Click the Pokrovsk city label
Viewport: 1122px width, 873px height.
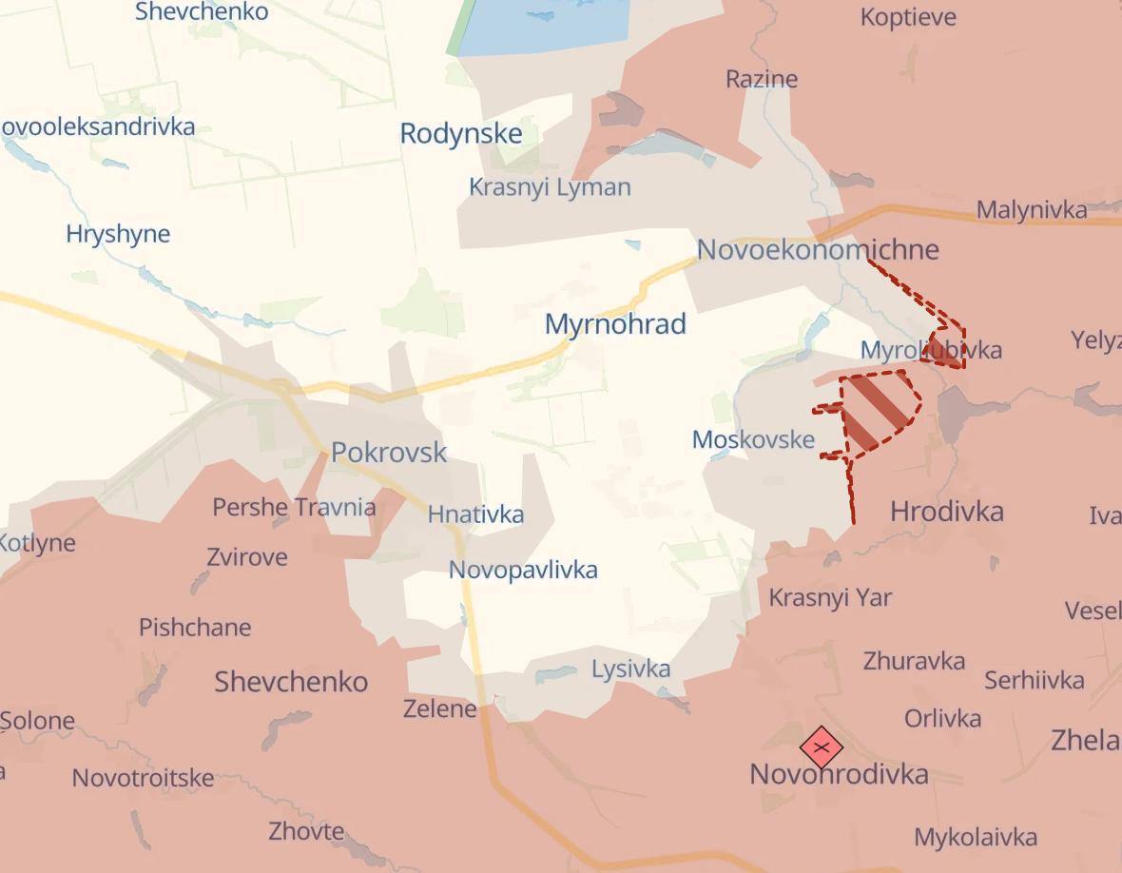(389, 452)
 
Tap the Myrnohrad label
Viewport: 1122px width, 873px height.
(615, 324)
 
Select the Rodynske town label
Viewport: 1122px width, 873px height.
(461, 134)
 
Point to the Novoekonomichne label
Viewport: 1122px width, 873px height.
(818, 250)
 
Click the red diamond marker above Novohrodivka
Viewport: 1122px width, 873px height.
(822, 747)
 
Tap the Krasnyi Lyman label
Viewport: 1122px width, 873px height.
(550, 187)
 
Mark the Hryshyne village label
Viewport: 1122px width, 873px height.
(118, 234)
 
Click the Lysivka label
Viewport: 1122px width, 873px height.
(630, 669)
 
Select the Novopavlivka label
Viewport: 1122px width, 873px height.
(523, 570)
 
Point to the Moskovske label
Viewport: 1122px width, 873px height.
(753, 439)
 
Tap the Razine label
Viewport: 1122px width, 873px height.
(761, 79)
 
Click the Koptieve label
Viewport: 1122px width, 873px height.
(909, 17)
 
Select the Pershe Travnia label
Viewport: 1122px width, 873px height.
(294, 507)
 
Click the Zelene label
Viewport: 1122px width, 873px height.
(439, 708)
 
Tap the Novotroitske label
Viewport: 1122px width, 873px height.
(143, 778)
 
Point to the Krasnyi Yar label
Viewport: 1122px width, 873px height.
(830, 598)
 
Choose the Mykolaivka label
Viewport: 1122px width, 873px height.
(975, 838)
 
